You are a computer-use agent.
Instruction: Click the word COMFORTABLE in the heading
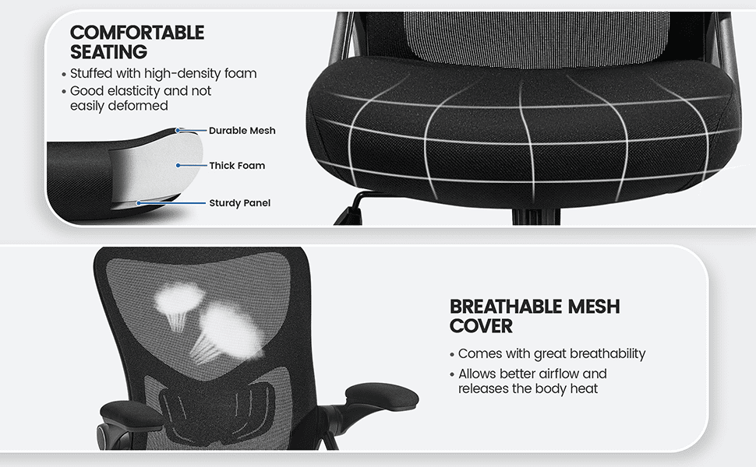[137, 33]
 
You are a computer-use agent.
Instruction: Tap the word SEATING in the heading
[108, 51]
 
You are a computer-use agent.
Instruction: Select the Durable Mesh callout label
[242, 131]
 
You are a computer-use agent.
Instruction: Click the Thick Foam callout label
[237, 166]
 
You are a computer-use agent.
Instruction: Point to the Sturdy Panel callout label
[239, 203]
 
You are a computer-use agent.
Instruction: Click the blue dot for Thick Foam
[178, 166]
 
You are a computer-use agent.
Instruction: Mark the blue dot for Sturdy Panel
[139, 203]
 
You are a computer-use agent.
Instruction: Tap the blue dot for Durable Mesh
[178, 131]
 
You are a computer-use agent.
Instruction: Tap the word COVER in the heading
[481, 326]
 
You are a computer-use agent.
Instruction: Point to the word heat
[584, 388]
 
